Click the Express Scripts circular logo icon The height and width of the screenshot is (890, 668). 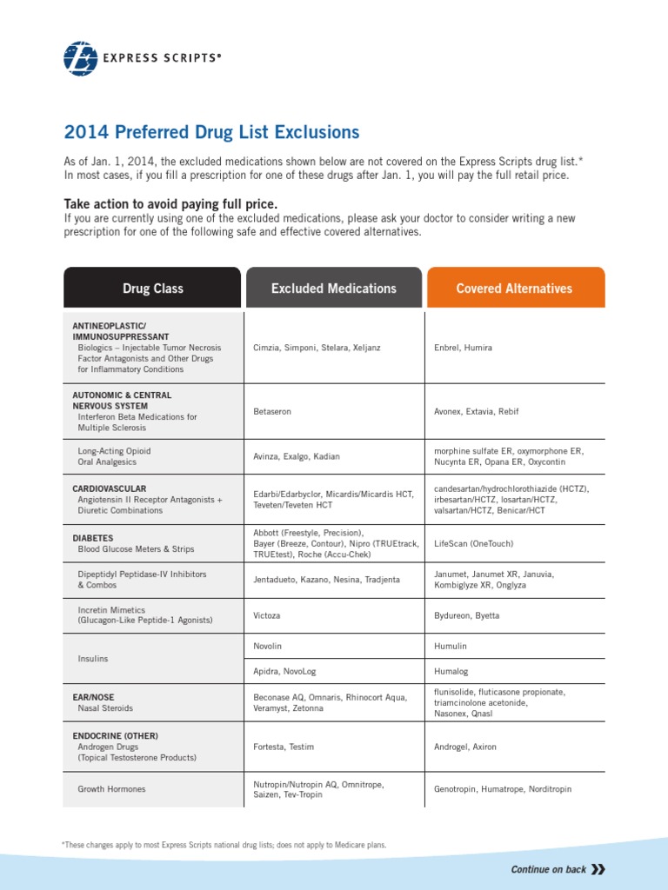tap(81, 57)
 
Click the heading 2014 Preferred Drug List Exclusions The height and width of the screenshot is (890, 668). tap(211, 132)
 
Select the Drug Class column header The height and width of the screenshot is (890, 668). tap(152, 288)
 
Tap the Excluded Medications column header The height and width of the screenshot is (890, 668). tap(333, 288)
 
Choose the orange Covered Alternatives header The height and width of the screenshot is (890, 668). tap(514, 288)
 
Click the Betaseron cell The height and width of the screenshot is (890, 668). tap(271, 411)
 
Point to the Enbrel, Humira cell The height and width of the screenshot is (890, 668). tap(463, 348)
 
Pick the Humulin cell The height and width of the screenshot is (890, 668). tap(451, 647)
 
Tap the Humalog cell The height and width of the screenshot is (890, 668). tap(451, 672)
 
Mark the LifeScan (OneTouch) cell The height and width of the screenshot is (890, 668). tap(473, 543)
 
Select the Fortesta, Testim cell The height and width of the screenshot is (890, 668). tap(284, 747)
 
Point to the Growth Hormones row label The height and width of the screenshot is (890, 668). tap(111, 789)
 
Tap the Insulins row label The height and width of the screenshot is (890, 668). tap(93, 659)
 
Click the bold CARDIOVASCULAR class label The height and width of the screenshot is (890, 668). tap(109, 488)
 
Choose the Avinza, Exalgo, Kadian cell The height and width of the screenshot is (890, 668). tap(297, 456)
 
